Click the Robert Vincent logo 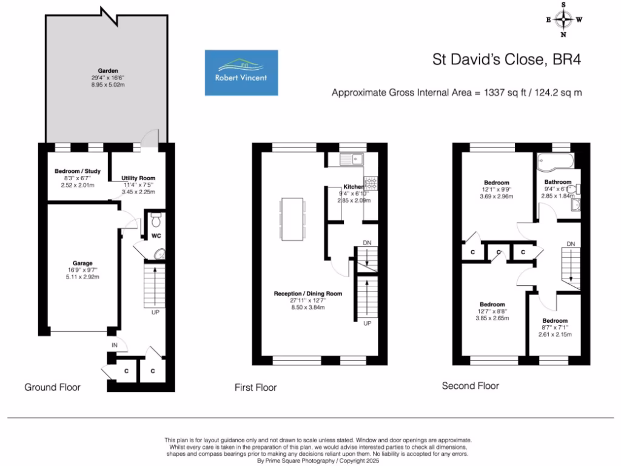pos(241,73)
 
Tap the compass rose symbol pos(565,19)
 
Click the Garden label pos(109,70)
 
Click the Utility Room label pos(134,178)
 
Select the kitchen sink pos(351,160)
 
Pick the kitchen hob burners pos(370,183)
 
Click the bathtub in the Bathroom pos(556,161)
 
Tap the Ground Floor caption pos(52,387)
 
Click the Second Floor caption pos(470,385)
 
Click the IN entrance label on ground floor pos(114,345)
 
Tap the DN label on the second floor pos(570,244)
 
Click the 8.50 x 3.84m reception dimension pos(307,307)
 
